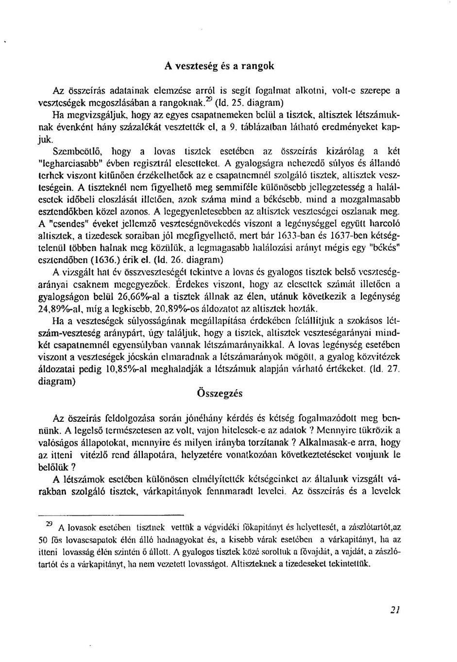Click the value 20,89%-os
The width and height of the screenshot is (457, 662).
coord(195,308)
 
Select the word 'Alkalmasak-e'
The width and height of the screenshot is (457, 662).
coord(322,443)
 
